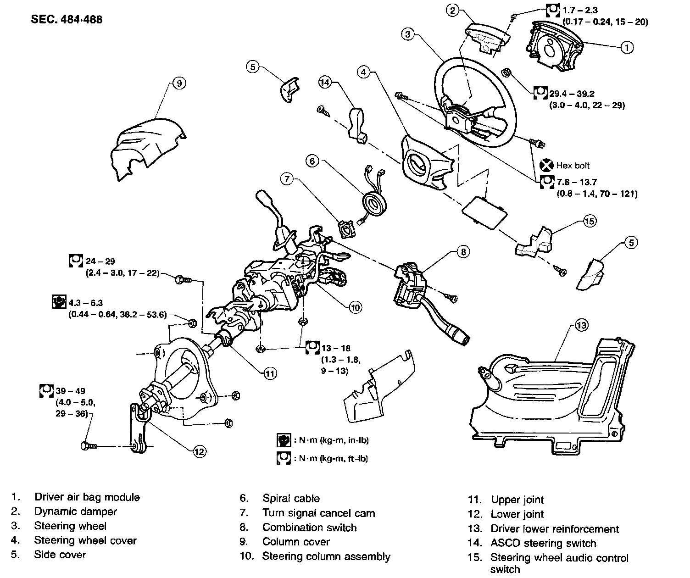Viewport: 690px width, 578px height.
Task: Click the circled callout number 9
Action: tap(179, 83)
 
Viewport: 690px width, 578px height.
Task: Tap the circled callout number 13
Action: tap(581, 326)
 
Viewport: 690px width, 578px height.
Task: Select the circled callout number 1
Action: tap(627, 46)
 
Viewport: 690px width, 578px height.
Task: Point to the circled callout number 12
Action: tap(199, 451)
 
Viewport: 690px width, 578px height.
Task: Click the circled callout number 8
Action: tap(463, 251)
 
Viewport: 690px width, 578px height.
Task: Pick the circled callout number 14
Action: tap(325, 83)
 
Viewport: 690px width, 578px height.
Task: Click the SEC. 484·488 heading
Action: tap(67, 19)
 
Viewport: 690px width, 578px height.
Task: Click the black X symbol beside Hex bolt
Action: tap(546, 165)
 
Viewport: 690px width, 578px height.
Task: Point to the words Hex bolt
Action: tap(573, 166)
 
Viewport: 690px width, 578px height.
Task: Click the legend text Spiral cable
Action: tap(291, 499)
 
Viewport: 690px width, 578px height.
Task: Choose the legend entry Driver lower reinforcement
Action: tap(555, 529)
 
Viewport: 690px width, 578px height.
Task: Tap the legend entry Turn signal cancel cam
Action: tap(318, 513)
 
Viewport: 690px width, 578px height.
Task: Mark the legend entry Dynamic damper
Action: tap(76, 511)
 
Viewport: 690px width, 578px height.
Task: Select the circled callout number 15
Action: tap(590, 221)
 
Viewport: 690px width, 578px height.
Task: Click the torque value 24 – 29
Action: tap(100, 261)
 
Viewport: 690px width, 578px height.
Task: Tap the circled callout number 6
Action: tap(312, 161)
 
